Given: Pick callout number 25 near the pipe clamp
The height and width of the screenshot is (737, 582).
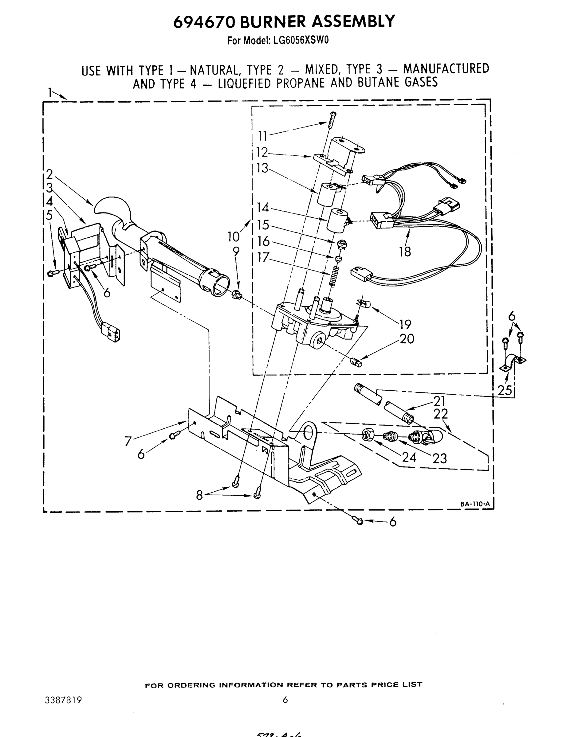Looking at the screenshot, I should [x=505, y=390].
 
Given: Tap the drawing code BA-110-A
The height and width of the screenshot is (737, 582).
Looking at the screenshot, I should [x=475, y=504].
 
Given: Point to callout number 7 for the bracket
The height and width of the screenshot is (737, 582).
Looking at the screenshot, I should [x=128, y=442].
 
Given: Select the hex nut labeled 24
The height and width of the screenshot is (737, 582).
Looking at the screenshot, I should [x=368, y=435].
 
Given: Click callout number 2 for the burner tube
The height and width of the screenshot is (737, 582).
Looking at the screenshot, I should [x=50, y=174].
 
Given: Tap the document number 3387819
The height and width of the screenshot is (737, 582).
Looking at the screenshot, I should [x=63, y=700].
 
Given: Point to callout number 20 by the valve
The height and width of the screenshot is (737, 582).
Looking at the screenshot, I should [x=407, y=339].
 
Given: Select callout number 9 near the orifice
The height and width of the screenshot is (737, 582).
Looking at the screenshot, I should [x=236, y=252].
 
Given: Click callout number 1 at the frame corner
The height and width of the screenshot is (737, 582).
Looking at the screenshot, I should [x=50, y=93].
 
